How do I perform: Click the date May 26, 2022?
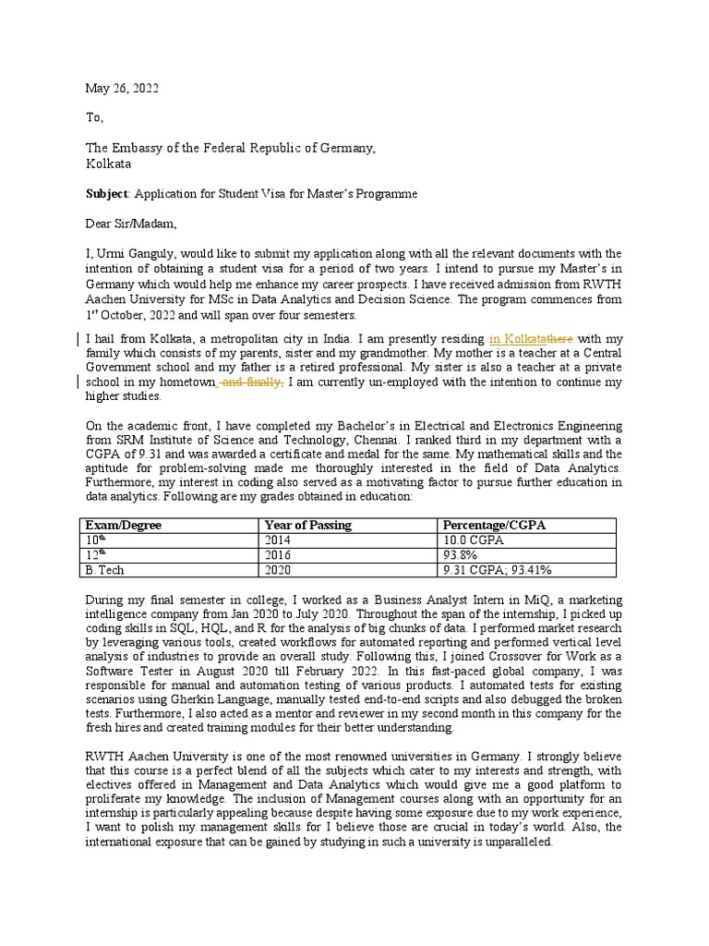coord(122,89)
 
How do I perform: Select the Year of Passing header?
coord(307,526)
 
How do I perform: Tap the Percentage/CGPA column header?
coord(495,526)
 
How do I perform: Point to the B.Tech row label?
coord(104,570)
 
